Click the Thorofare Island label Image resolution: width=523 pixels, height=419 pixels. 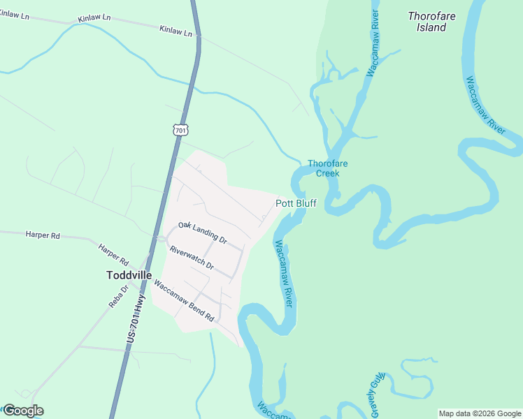tap(427, 21)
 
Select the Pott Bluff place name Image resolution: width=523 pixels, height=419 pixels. tap(296, 203)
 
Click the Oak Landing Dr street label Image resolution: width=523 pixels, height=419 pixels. tap(203, 233)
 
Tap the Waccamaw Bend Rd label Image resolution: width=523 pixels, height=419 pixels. tap(184, 301)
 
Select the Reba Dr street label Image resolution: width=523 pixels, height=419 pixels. tap(115, 297)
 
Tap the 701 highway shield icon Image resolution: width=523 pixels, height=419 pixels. tap(180, 129)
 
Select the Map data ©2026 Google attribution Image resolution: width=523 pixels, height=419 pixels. tap(480, 413)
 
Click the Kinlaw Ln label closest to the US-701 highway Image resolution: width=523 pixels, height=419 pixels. tap(175, 31)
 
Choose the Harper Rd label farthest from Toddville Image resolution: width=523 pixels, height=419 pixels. tap(42, 235)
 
